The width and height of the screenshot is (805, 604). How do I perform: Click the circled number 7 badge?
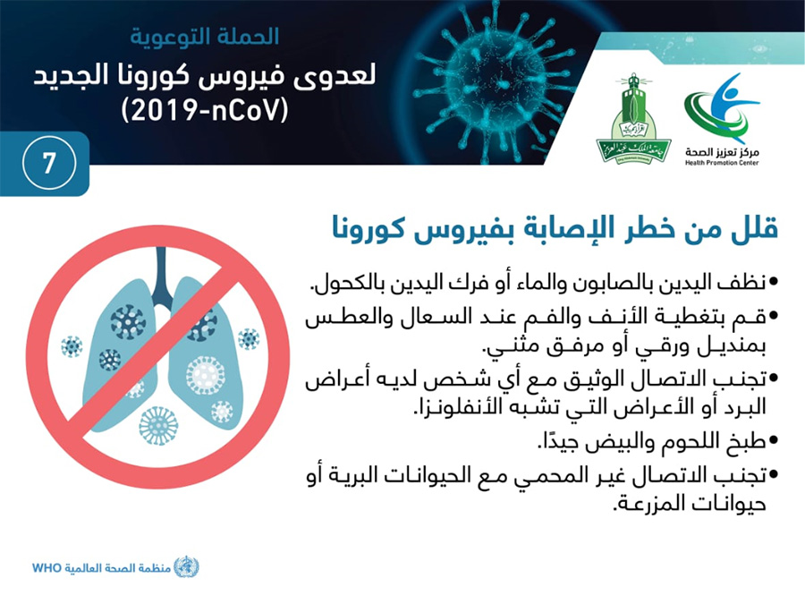pyautogui.click(x=49, y=163)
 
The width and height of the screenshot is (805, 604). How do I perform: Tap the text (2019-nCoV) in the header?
pyautogui.click(x=206, y=110)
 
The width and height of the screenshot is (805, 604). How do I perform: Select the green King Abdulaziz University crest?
pyautogui.click(x=633, y=119)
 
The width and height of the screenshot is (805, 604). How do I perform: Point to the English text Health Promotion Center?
pyautogui.click(x=721, y=163)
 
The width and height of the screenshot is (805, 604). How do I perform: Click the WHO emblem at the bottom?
pyautogui.click(x=186, y=567)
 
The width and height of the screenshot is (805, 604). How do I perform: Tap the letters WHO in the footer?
pyautogui.click(x=47, y=568)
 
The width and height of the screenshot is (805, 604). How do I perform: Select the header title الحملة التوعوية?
pyautogui.click(x=204, y=37)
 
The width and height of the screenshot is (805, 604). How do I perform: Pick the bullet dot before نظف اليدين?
pyautogui.click(x=774, y=282)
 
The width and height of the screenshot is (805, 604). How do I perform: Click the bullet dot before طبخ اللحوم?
pyautogui.click(x=774, y=440)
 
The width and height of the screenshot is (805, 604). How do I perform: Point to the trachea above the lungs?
pyautogui.click(x=162, y=275)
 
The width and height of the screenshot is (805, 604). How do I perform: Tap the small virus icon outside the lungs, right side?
pyautogui.click(x=249, y=339)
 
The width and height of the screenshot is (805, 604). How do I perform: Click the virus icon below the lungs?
pyautogui.click(x=158, y=426)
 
